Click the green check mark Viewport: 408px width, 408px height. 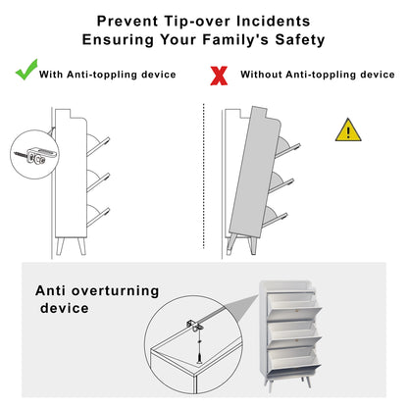26,71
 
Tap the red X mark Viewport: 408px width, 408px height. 219,76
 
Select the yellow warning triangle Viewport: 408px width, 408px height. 348,130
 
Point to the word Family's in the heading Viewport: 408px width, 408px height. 235,39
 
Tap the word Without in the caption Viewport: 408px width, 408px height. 261,75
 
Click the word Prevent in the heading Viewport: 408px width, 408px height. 127,22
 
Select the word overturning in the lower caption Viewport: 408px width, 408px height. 115,290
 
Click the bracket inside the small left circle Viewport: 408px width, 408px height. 42,155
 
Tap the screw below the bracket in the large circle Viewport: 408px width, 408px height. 199,352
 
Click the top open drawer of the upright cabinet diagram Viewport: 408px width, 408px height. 97,145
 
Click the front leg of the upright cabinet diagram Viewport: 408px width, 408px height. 82,246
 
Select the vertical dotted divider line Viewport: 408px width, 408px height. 204,177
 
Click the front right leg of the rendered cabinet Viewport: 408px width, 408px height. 306,382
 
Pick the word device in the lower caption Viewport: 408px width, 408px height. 65,308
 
